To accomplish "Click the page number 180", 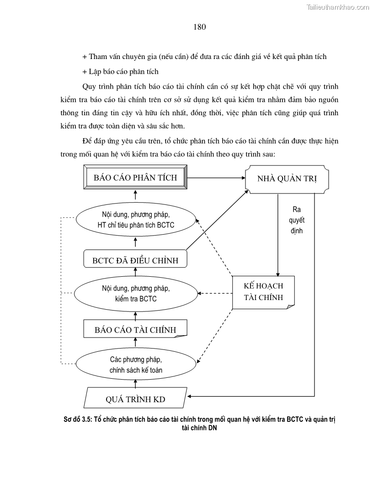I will pos(200,27).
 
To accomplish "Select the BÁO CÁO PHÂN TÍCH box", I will pos(135,177).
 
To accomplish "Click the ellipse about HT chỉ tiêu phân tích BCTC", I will pos(136,220).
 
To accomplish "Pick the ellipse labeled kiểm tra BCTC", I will pos(136,294).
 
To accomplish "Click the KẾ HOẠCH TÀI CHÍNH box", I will pos(263,292).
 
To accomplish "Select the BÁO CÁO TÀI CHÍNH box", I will pos(135,330).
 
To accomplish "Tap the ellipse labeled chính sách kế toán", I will pos(136,364).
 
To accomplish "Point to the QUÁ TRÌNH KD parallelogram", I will pos(135,399).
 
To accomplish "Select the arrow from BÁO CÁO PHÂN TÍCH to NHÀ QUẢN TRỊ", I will pos(215,177).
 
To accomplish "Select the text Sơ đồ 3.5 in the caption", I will pos(77,419).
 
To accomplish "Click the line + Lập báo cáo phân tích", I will pos(120,71).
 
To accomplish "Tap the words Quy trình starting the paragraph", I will pos(96,86).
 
